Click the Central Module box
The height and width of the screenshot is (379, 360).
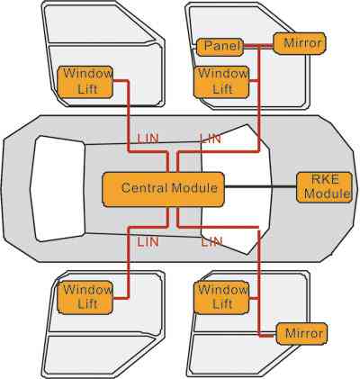[x=164, y=189]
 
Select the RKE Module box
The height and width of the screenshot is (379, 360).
[x=324, y=187]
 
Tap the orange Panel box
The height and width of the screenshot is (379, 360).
[x=220, y=47]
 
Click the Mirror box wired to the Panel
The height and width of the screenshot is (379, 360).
[x=300, y=43]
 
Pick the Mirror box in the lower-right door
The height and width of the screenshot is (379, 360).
[x=301, y=334]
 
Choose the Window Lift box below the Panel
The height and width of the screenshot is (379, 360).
[x=221, y=82]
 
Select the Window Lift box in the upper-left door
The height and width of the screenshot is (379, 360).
[x=85, y=82]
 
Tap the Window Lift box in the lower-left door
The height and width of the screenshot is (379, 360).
[x=85, y=298]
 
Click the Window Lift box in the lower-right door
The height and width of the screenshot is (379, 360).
[x=221, y=298]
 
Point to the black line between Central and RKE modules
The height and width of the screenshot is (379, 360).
[x=260, y=186]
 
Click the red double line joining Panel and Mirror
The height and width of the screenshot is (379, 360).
[x=258, y=46]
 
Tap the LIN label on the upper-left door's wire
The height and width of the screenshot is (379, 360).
[x=148, y=139]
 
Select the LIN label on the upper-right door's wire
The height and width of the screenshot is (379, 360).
[x=211, y=139]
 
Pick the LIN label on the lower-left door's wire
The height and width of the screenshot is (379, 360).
[x=148, y=242]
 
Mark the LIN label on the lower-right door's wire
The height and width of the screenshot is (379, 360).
[x=211, y=242]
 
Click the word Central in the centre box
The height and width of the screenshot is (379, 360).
[x=144, y=188]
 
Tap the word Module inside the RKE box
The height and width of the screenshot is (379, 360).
[x=327, y=194]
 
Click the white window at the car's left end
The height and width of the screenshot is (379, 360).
[x=58, y=189]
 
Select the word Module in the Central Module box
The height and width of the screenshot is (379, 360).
[x=194, y=188]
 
